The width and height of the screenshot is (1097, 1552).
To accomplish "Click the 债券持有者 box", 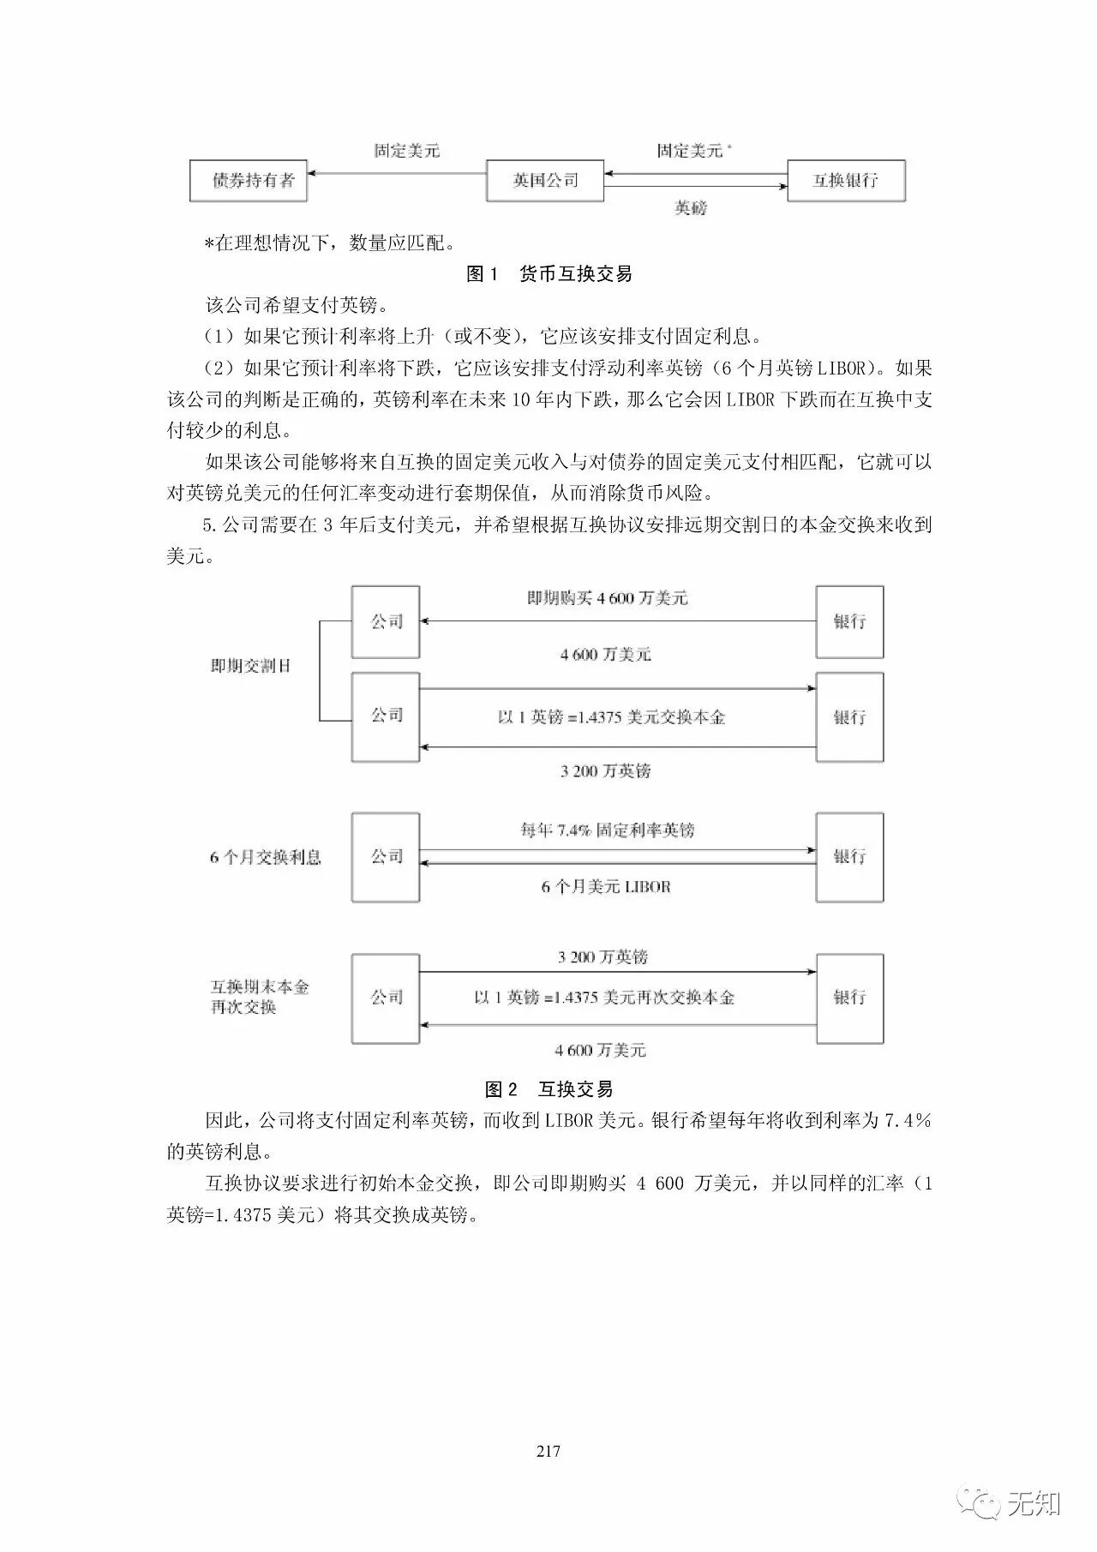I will click(249, 181).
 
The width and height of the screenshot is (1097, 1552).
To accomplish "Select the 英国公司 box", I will click(545, 181).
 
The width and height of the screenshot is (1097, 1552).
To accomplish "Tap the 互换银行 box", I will click(845, 181).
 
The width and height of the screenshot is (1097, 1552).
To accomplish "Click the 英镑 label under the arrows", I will click(691, 207).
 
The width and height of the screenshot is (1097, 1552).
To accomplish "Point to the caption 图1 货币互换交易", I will click(548, 274).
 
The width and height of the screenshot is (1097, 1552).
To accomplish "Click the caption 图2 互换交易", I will click(548, 1089).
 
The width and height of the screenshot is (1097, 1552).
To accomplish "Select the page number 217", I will click(548, 1451).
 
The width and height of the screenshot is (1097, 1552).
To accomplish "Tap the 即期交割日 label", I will click(251, 666).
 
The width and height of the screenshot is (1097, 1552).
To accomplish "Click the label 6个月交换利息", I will click(266, 857).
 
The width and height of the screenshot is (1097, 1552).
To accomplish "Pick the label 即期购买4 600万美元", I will click(607, 598).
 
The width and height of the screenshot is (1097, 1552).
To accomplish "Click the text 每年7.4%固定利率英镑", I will click(607, 830).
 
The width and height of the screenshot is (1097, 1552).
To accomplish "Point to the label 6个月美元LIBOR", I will click(606, 887).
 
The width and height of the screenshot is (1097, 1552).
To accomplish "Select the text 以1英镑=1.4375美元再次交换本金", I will click(604, 998).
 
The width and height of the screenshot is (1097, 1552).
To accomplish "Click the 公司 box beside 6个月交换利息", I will click(386, 857).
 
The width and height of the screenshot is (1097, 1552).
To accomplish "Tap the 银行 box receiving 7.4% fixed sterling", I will click(849, 857).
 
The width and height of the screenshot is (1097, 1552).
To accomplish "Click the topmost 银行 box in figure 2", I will click(849, 622).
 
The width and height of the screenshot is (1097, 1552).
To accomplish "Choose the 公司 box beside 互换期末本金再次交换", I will click(386, 998).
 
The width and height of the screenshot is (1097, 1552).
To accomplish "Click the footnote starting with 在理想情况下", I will click(330, 243).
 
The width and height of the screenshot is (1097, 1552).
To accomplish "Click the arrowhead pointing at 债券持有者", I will click(313, 174).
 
